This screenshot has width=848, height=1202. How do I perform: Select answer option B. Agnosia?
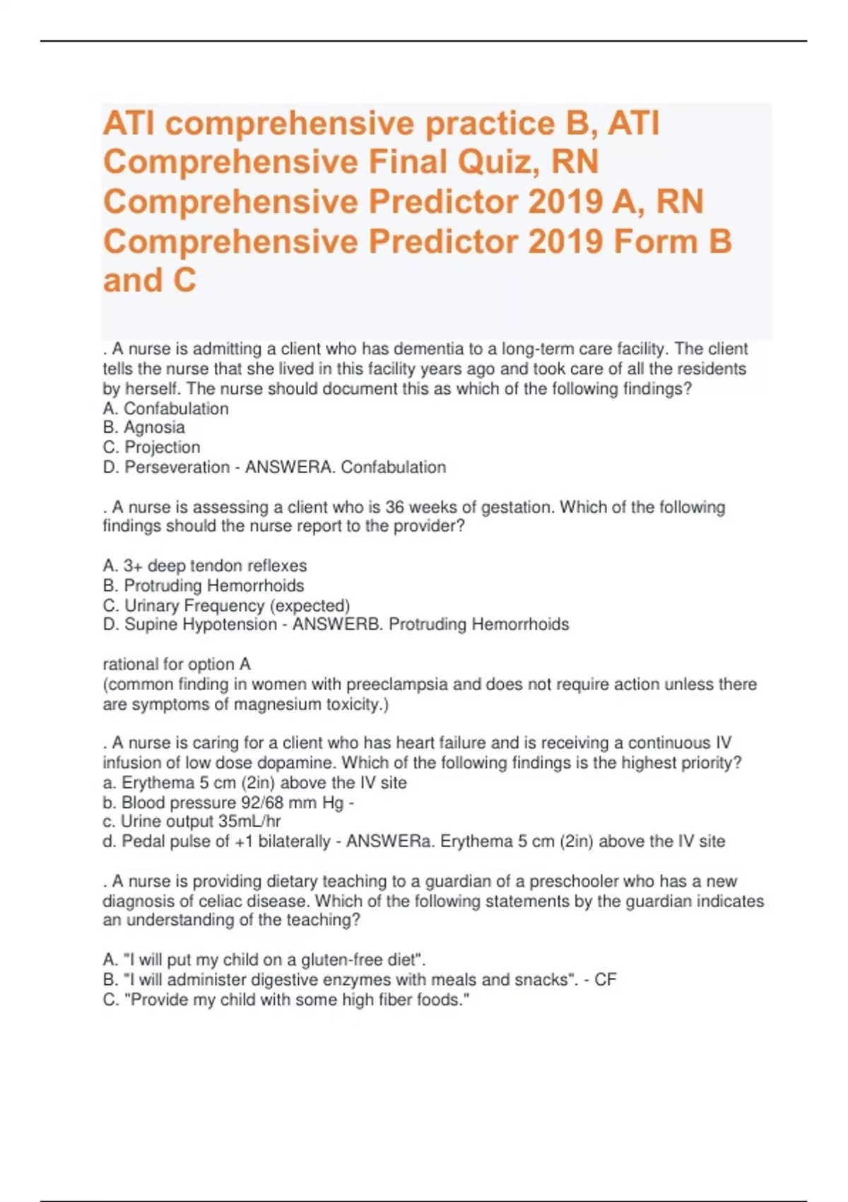pyautogui.click(x=144, y=427)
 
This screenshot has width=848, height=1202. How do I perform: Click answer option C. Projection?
pyautogui.click(x=151, y=447)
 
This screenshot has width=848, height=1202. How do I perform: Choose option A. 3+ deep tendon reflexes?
pyautogui.click(x=205, y=566)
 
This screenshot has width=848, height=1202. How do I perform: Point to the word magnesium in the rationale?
pyautogui.click(x=276, y=704)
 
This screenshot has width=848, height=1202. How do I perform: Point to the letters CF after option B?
pyautogui.click(x=606, y=979)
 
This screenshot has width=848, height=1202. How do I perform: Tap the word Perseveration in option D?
pyautogui.click(x=177, y=467)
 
